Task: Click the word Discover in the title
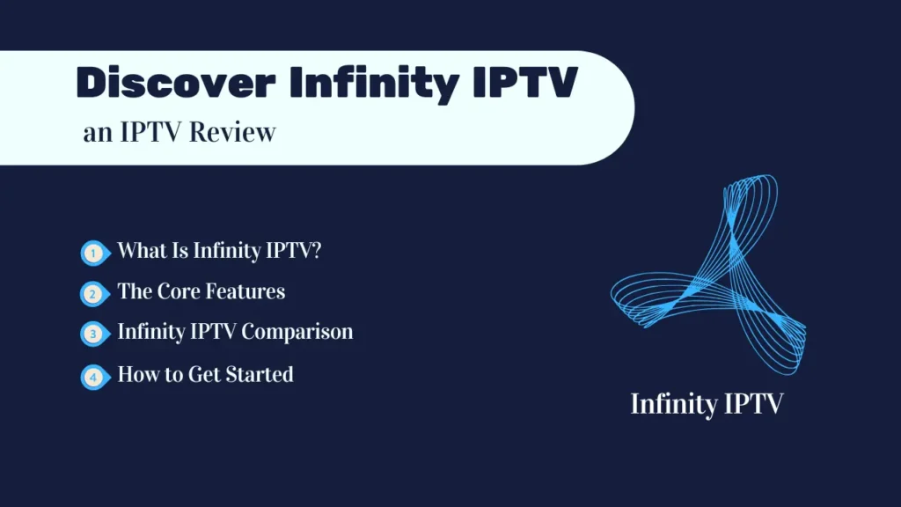coord(175,84)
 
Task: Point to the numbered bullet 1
coord(93,253)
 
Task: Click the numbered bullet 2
coord(93,293)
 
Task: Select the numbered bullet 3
coord(93,334)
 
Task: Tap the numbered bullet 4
coord(93,377)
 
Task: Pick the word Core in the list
coord(179,291)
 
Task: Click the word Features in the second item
coord(245,291)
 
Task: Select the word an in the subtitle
coord(95,135)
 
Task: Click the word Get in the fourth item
coord(203,375)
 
